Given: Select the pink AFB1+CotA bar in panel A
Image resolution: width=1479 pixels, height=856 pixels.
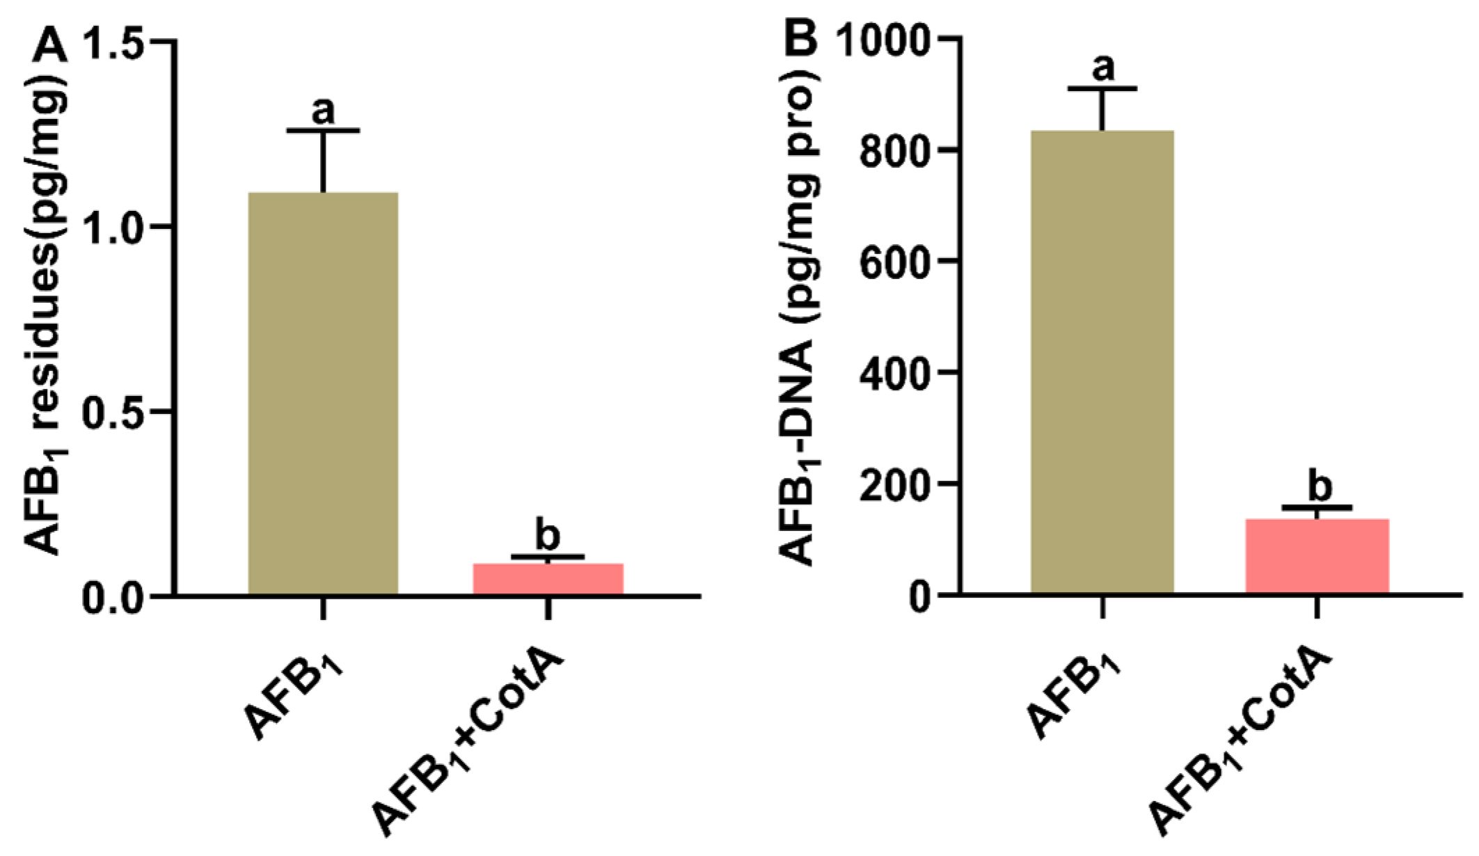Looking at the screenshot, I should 548,578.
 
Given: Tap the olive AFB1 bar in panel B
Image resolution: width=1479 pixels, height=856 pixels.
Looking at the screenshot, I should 1102,362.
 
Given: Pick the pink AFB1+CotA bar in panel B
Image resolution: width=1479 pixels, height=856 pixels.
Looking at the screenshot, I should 1317,556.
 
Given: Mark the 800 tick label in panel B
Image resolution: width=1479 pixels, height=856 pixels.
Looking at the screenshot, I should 894,151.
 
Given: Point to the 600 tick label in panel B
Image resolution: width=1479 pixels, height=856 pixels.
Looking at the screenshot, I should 894,262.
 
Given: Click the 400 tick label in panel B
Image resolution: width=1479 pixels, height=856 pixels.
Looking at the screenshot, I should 894,374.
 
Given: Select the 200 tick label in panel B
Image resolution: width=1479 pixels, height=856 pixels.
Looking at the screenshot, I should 894,485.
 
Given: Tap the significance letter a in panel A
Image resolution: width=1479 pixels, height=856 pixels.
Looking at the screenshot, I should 323,110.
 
